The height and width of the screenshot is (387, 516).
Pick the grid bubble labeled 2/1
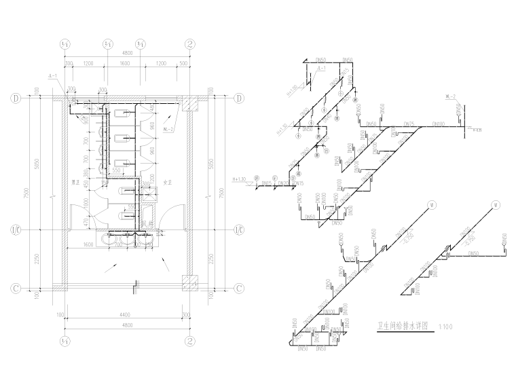(107, 44)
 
